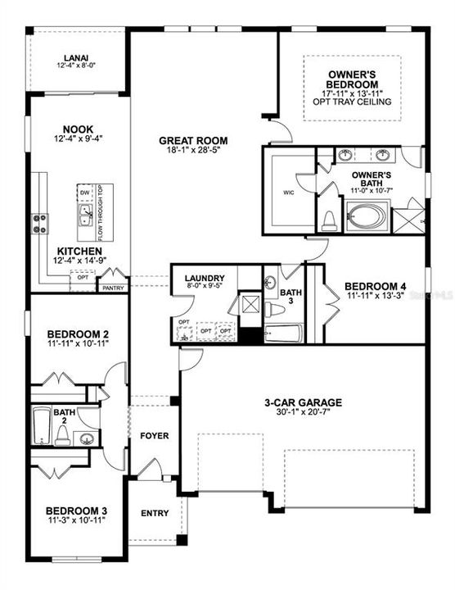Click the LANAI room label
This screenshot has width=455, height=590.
[x=77, y=59]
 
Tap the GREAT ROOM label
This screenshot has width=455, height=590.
[x=193, y=140]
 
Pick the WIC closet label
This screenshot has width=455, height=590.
[x=287, y=193]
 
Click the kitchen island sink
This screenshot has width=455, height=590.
[x=85, y=216]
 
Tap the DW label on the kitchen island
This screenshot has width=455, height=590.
[x=84, y=192]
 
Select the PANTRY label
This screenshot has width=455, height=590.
[x=111, y=288]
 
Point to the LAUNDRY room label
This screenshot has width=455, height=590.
[x=204, y=279]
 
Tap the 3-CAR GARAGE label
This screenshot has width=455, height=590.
[x=303, y=402]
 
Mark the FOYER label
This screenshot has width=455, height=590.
[x=154, y=435]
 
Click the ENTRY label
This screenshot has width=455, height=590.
[x=155, y=514]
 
